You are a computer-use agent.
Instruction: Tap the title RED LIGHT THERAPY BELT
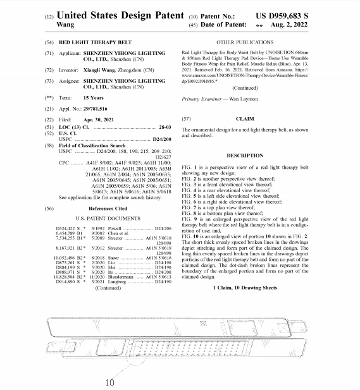pos(95,40)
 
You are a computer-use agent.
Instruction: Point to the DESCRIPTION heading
pos(245,155)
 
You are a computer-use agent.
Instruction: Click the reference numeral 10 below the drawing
pos(109,382)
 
